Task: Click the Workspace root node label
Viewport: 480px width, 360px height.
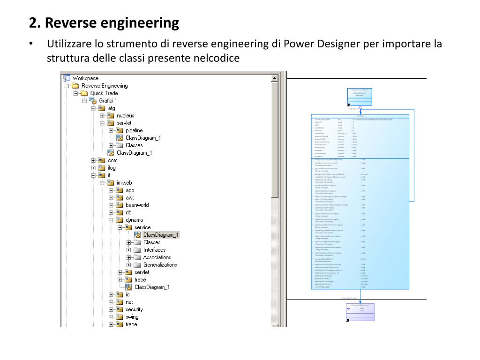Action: (85, 78)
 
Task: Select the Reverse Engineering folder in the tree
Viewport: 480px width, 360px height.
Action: (104, 86)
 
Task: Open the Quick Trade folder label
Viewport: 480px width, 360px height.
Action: (104, 93)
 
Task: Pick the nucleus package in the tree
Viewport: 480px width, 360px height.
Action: (125, 116)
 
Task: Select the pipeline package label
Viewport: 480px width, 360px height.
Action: (134, 130)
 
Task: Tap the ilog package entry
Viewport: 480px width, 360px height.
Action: (112, 168)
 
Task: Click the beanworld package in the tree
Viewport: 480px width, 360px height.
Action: (137, 205)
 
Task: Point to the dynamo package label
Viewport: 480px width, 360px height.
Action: (134, 220)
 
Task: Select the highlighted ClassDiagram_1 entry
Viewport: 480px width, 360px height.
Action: (161, 235)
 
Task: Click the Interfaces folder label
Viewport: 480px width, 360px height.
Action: (154, 250)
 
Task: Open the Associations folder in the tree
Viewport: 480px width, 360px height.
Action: (157, 257)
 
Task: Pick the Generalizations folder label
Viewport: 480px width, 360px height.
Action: (160, 265)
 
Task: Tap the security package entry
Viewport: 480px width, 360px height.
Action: (134, 309)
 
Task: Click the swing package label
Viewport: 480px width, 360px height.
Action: (132, 317)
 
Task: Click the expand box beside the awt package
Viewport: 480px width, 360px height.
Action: (111, 198)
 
